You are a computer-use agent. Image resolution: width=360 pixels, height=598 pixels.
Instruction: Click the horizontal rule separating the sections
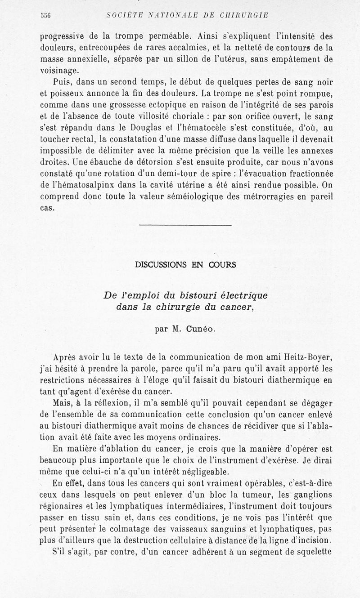click(185, 224)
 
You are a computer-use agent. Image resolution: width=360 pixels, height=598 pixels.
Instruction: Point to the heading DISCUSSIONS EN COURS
click(185, 265)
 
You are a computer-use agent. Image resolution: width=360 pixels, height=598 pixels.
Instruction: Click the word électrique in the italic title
click(243, 295)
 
